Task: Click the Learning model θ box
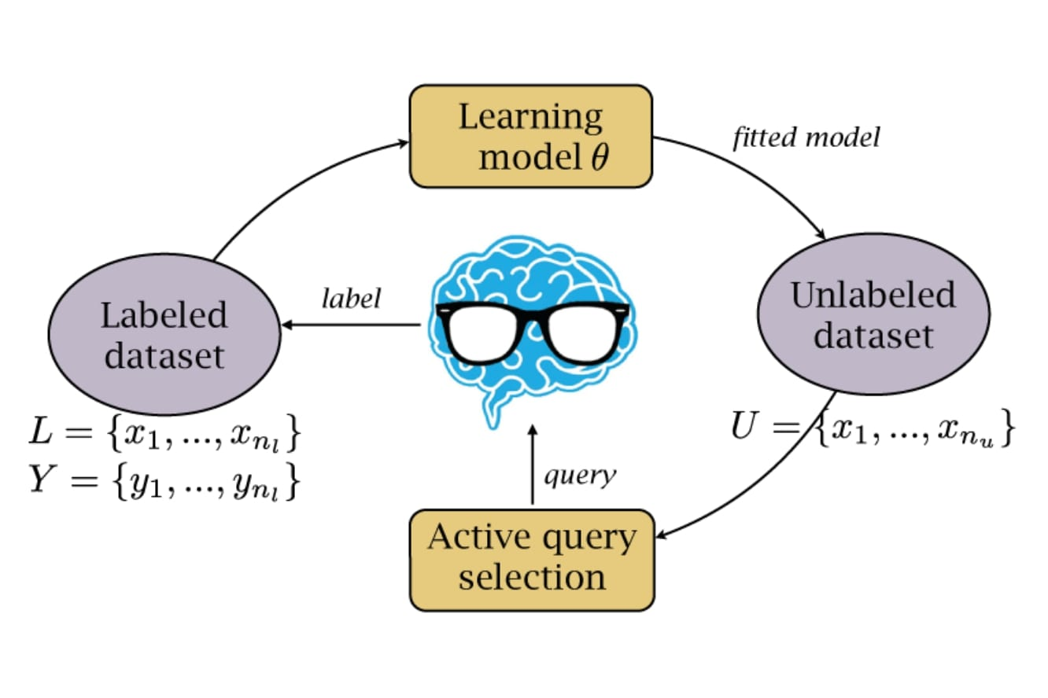point(531,136)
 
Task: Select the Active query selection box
point(532,559)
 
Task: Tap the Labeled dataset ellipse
point(164,334)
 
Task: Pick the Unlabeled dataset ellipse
point(873,314)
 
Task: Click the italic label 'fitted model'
point(806,138)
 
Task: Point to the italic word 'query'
point(580,476)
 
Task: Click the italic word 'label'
point(351,298)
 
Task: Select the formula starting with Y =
point(164,480)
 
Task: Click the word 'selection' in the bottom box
point(532,578)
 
